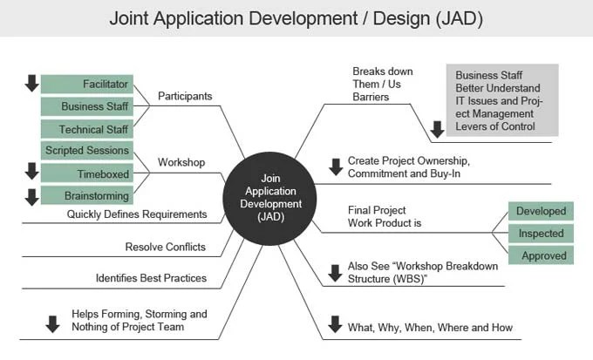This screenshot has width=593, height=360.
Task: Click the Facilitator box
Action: click(x=86, y=85)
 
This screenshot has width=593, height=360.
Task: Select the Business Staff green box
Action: click(x=86, y=107)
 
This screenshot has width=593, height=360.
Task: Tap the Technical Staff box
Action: click(x=86, y=130)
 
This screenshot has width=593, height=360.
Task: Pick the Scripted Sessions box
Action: click(x=86, y=151)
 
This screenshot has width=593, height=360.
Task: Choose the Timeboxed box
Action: click(x=86, y=173)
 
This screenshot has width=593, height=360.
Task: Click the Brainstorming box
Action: click(x=86, y=196)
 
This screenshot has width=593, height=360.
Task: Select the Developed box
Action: click(x=541, y=211)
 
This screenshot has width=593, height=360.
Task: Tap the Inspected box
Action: click(x=541, y=234)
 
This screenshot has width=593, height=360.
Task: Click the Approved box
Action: click(x=541, y=256)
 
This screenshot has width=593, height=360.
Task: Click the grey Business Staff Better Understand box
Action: click(x=501, y=101)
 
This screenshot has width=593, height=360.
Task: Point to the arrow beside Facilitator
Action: click(x=31, y=84)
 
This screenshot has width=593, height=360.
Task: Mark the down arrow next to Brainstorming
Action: click(x=31, y=197)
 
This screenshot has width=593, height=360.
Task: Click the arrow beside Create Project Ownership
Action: click(x=335, y=166)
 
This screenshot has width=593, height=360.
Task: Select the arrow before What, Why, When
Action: click(x=335, y=324)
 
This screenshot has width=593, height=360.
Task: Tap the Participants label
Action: click(x=186, y=96)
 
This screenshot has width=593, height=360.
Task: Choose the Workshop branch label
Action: click(x=181, y=162)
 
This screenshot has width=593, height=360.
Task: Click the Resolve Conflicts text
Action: click(x=166, y=247)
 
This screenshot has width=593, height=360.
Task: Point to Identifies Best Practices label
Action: click(x=151, y=279)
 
